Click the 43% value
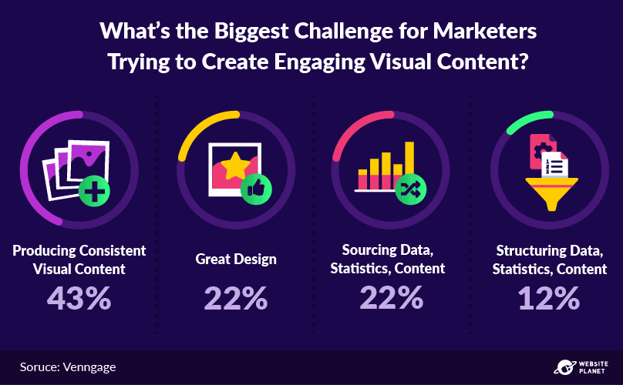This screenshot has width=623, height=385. (x=79, y=299)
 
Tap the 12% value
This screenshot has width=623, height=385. (x=549, y=299)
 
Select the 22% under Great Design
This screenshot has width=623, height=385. (x=236, y=299)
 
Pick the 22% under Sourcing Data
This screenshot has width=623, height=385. (x=392, y=298)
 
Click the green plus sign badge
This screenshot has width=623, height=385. (x=94, y=190)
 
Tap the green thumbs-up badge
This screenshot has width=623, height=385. (x=256, y=189)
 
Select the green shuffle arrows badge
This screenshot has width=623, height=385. (x=410, y=189)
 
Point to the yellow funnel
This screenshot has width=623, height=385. (x=551, y=193)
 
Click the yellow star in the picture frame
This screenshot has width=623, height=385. (x=235, y=166)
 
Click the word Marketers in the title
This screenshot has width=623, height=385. (x=485, y=31)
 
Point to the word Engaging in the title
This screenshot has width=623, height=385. (x=319, y=62)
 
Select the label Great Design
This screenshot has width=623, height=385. (x=236, y=259)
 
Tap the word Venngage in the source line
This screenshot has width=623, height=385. (x=89, y=367)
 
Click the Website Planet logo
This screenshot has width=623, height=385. (x=581, y=367)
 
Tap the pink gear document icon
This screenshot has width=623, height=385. (x=543, y=151)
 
